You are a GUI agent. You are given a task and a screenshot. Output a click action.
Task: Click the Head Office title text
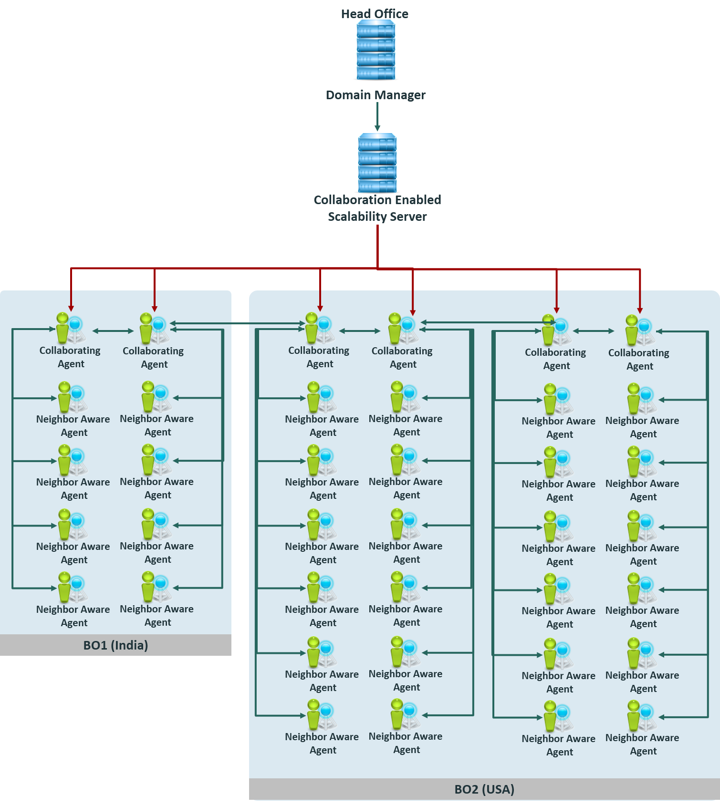coord(375,14)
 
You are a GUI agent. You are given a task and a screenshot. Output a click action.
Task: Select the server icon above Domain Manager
coord(376,50)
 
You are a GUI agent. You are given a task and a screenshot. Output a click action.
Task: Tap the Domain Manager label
coord(376,95)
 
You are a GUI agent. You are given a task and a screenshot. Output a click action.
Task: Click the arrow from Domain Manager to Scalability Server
coord(377,117)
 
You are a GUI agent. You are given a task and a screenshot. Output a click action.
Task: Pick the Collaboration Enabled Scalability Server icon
coord(377,163)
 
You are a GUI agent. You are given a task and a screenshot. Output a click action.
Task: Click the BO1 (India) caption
coord(115,645)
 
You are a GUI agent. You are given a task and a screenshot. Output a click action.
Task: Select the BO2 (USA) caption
coord(484,789)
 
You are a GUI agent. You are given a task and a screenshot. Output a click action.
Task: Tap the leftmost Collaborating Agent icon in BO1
coord(70,328)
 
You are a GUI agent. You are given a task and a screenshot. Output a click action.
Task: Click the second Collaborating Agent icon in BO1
coord(153,329)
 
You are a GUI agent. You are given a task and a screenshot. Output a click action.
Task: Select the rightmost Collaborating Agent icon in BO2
coord(638,330)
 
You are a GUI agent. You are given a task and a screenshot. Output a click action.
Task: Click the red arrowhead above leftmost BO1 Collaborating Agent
coord(71,308)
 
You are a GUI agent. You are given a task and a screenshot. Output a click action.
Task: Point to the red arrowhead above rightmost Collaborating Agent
coord(640,310)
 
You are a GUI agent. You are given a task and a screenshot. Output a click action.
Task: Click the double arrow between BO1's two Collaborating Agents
coord(113,331)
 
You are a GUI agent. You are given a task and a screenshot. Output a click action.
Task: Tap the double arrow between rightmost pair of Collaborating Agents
coord(594,331)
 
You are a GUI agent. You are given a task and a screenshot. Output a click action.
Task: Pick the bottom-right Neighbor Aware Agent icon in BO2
coord(641,716)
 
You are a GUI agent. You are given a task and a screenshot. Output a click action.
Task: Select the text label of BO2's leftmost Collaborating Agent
coord(319,357)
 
